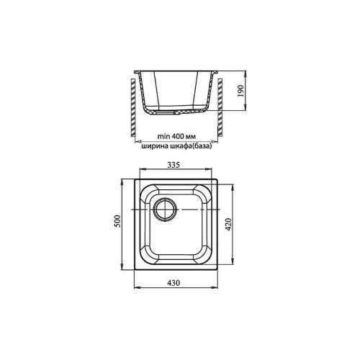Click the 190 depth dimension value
tap(240, 91)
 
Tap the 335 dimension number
tap(174, 165)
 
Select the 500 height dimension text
tap(117, 221)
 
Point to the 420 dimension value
tap(228, 224)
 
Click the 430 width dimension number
tap(174, 283)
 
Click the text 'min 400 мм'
tap(176, 136)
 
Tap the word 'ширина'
tap(151, 146)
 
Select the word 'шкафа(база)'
tap(187, 146)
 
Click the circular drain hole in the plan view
tap(166, 210)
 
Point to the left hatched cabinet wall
tap(133, 107)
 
